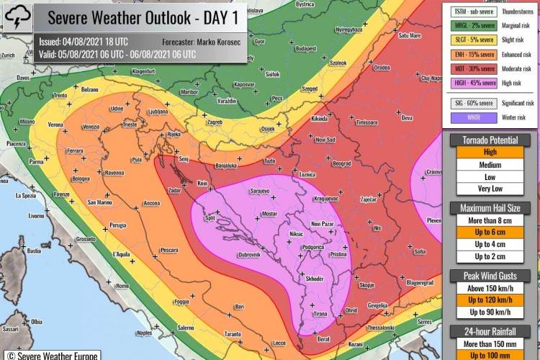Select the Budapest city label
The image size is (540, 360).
point(306,48)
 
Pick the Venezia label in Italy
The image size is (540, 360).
point(91,127)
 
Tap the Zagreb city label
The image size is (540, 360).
point(215,122)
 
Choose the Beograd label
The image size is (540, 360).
point(342,163)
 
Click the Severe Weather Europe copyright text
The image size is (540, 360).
point(50,354)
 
